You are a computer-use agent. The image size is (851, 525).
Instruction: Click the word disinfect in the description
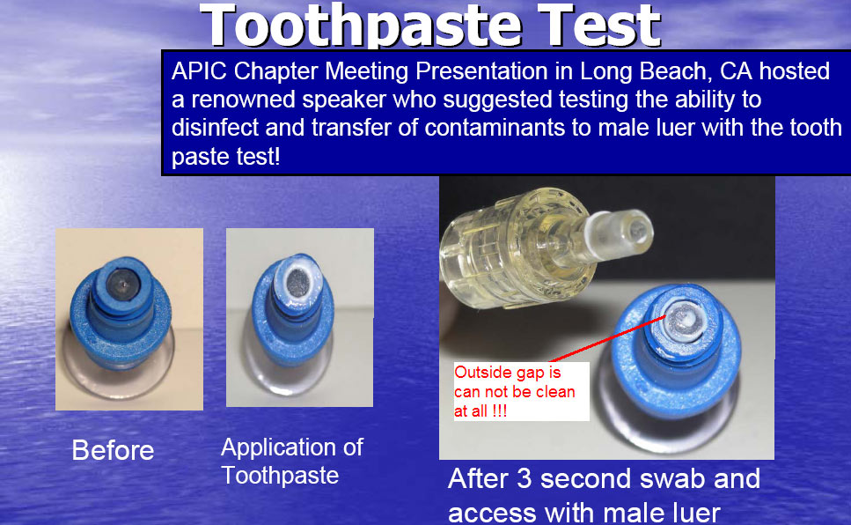(215, 129)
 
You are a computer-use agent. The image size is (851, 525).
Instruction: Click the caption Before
(113, 450)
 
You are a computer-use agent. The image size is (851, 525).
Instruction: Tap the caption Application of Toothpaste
(292, 462)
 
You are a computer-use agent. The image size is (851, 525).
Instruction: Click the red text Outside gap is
(508, 373)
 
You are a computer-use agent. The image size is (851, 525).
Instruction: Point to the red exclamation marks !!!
(499, 410)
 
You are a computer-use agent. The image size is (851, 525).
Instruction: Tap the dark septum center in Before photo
(122, 283)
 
